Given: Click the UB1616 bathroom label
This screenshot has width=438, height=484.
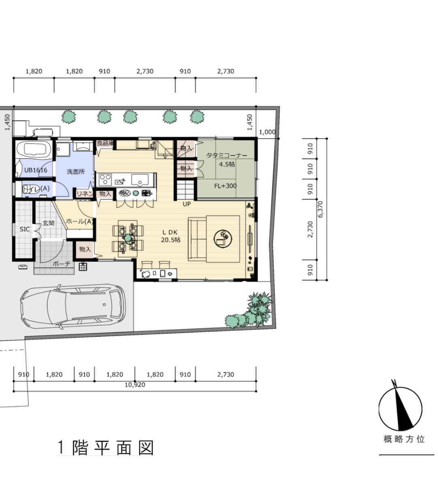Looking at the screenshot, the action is pos(36,170).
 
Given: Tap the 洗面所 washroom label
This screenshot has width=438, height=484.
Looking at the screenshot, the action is pos(76,172).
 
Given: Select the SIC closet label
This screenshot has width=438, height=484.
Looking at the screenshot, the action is pos(25,229).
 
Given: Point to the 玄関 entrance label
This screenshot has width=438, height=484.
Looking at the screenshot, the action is pos(48,223).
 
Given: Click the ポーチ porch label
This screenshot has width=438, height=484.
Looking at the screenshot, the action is pos(61,264).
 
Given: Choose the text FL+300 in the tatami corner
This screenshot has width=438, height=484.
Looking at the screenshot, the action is pos(225,186).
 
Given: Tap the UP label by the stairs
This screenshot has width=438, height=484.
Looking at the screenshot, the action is pos(187,204).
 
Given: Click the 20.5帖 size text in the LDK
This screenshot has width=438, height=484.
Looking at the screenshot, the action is pos(171,240).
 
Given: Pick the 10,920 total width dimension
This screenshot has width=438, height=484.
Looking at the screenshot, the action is pos(135,385).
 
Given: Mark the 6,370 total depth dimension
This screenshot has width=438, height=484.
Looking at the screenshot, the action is pos(320,209).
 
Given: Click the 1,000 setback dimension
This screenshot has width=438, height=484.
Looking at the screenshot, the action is pos(267,132).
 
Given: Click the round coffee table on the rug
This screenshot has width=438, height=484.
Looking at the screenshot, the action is pos(223,239).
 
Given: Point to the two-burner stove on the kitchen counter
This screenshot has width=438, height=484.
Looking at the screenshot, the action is pos(105,179).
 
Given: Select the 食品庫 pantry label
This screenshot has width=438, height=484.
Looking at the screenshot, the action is pos(105,143).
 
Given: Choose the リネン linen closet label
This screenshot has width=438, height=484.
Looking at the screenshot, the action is pos(84,194).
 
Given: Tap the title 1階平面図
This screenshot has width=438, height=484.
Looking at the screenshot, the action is pos(105,447).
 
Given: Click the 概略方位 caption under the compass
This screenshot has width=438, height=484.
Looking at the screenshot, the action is pos(404,439).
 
